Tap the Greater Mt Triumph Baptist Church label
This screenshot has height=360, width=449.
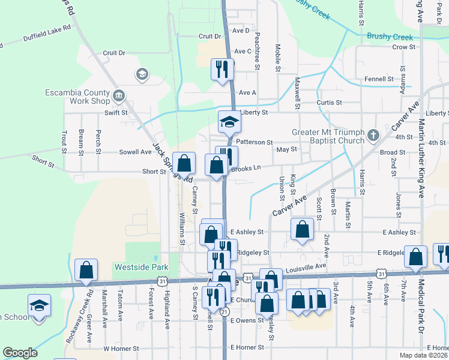pos(328,136)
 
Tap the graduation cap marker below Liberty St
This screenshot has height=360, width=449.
pos(228,122)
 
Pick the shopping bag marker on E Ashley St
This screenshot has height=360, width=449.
pos(302,230)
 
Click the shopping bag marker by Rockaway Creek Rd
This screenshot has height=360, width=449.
pos(86,271)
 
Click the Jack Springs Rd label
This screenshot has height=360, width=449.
pos(172,163)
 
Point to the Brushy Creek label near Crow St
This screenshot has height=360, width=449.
pos(391,37)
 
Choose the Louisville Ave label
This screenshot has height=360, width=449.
pos(306,265)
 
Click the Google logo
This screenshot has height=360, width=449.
pos(20,352)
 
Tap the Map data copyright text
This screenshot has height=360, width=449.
pos(423,355)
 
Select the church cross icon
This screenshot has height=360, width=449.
pos(373,135)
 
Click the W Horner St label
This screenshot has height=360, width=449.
pos(121,348)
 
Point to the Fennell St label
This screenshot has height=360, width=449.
pos(378,79)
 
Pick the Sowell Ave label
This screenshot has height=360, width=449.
pos(135,152)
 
